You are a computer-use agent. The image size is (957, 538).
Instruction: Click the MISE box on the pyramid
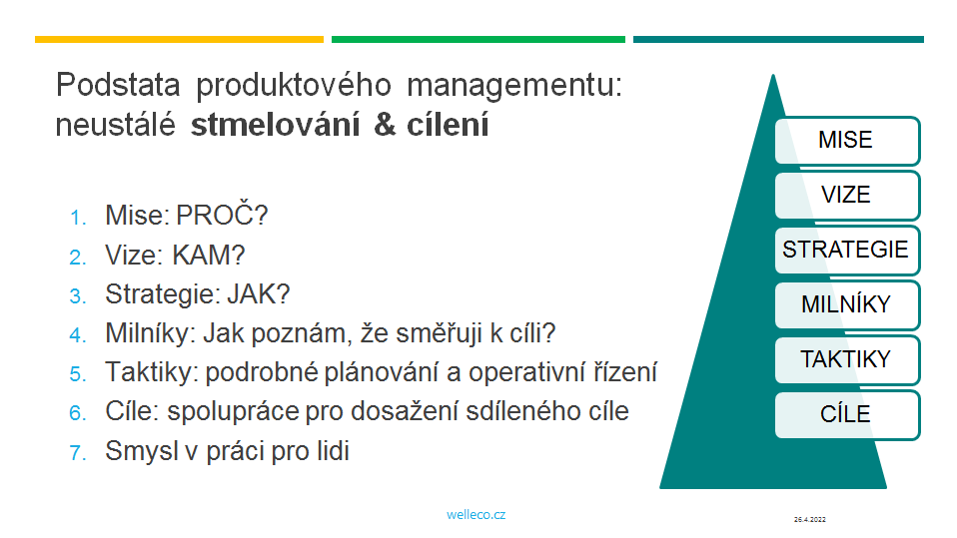tap(847, 141)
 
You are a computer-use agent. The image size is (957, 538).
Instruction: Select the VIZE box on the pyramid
tap(847, 196)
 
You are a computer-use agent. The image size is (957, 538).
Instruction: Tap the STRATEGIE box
tap(847, 251)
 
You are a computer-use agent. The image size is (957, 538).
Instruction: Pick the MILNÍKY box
tap(847, 305)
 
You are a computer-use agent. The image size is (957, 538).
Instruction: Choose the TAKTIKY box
tap(847, 360)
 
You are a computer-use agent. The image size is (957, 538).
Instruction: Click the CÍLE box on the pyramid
tap(847, 415)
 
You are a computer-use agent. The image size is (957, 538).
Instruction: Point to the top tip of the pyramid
tap(773, 75)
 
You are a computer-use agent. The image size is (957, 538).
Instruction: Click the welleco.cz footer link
tap(477, 515)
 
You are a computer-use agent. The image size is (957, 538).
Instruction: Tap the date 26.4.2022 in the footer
tap(809, 520)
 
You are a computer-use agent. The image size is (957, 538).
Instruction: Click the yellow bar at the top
tap(179, 40)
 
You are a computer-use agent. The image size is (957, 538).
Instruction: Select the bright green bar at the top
tap(478, 40)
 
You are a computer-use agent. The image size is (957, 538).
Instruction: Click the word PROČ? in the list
tap(222, 215)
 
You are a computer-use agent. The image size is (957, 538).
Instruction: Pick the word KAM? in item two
tap(208, 255)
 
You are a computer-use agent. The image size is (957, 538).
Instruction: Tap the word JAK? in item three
tap(258, 294)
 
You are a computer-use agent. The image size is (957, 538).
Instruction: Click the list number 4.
tap(78, 335)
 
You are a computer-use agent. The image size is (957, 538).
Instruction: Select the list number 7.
tap(78, 452)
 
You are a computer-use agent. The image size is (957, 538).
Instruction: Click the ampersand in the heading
tap(385, 125)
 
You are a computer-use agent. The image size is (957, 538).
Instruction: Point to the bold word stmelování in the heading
tap(276, 125)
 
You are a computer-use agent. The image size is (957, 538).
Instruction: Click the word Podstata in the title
tap(118, 84)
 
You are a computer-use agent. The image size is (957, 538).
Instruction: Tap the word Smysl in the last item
tap(141, 452)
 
